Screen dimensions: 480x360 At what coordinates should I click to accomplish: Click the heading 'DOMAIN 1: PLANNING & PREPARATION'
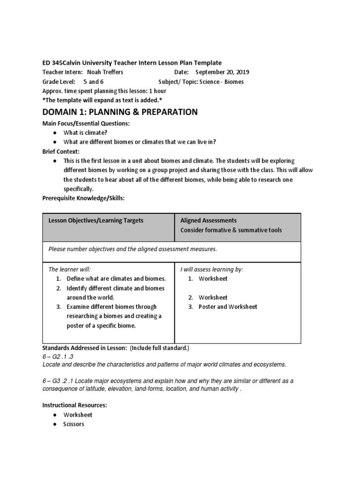(120, 112)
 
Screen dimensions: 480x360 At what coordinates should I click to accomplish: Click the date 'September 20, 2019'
(222, 72)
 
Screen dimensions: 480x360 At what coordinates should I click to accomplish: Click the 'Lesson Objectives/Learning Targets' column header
(96, 220)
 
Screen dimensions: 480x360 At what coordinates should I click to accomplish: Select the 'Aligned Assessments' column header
(209, 220)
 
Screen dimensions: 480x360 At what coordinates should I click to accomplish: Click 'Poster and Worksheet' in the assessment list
(228, 307)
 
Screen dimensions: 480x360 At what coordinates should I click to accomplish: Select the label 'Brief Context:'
(61, 152)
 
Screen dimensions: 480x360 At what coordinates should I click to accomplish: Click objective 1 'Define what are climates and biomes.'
(116, 278)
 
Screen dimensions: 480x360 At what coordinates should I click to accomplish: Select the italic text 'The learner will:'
(69, 269)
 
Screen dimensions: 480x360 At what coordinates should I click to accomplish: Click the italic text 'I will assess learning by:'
(212, 269)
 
